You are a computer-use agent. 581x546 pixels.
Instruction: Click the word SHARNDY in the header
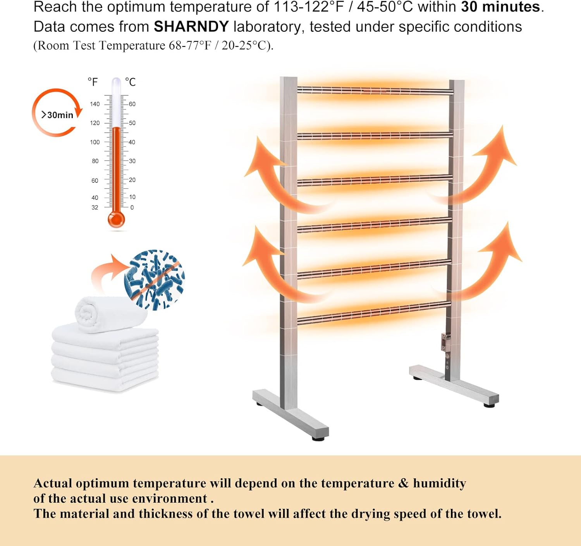click(191, 27)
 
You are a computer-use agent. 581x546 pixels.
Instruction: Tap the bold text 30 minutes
click(500, 7)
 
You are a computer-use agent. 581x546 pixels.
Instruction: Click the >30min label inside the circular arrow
click(57, 115)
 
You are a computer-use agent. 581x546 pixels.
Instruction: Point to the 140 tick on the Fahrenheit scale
click(95, 104)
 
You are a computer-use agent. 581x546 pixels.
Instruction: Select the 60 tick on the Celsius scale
click(132, 104)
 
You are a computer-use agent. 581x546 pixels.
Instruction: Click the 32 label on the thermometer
click(95, 208)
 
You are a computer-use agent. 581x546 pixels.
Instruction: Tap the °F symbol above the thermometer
click(93, 82)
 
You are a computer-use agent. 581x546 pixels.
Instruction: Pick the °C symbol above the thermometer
click(131, 82)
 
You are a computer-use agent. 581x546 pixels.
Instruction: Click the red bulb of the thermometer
click(116, 220)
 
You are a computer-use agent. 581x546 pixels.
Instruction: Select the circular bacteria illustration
click(155, 280)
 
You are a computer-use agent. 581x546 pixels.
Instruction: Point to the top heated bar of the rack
click(375, 90)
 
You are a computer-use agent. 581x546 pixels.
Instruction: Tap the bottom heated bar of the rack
click(374, 313)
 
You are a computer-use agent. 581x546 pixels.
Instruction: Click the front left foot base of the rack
click(290, 414)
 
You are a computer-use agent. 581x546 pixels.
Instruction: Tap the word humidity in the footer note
click(439, 483)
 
